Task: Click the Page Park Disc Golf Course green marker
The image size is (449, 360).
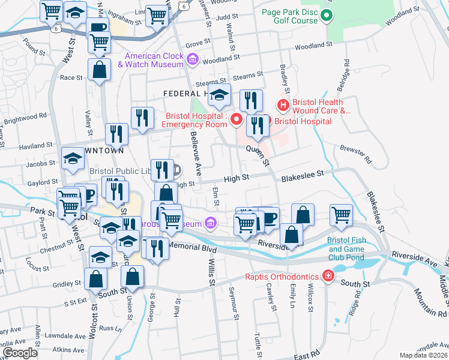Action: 327,16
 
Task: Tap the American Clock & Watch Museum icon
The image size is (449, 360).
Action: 193,59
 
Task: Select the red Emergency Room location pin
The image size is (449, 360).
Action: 237,119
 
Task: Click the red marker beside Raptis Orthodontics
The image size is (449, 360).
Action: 327,276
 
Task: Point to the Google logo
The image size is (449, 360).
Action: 20,353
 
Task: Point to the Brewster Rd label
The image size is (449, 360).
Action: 357,155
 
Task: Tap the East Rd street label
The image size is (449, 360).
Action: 307,356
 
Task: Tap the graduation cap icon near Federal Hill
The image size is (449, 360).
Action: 219,94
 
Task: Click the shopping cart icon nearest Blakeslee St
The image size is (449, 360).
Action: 341,214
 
